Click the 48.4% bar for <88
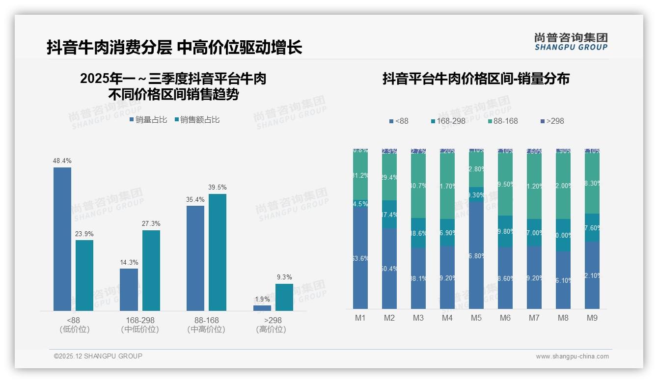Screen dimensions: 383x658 62,239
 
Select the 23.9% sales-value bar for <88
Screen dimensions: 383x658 84,275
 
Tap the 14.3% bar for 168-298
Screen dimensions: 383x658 129,289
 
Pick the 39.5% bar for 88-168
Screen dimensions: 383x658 218,252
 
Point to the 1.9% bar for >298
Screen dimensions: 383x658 262,308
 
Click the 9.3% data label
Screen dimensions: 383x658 284,277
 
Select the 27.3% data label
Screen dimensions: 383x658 151,224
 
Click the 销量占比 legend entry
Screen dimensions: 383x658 148,120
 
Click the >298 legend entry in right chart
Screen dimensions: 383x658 552,121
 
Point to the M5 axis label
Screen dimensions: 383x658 476,318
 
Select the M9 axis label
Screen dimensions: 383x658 592,318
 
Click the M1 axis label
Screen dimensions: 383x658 360,318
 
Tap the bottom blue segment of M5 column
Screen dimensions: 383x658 476,255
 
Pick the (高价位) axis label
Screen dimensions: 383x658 271,329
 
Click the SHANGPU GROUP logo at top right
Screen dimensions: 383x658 571,42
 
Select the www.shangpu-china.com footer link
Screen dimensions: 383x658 572,356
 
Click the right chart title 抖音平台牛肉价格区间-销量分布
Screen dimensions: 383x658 476,79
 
